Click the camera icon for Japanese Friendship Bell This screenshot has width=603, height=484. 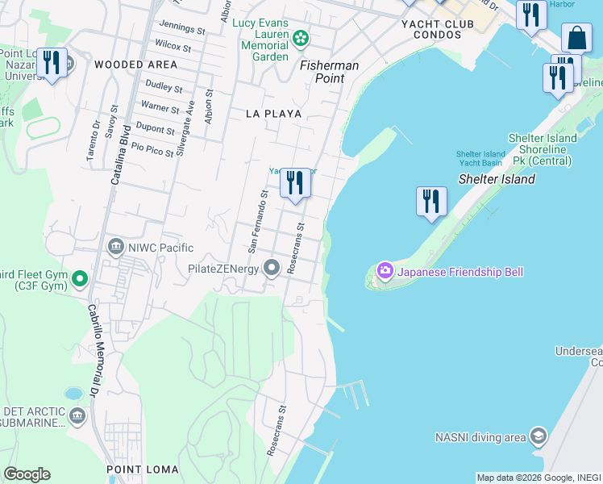click(385, 271)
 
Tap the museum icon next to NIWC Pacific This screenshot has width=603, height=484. click(116, 245)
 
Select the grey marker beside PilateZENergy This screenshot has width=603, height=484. click(272, 268)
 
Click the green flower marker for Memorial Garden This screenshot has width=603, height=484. click(301, 37)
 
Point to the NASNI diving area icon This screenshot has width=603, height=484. click(538, 437)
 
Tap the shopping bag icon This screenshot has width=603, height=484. click(576, 37)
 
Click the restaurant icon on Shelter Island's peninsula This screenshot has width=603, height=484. click(431, 200)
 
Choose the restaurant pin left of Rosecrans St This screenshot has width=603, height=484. click(295, 183)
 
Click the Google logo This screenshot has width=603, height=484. click(27, 474)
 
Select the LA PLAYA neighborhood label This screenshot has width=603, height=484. click(274, 114)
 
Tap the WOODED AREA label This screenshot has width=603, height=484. click(135, 64)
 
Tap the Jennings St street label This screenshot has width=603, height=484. click(182, 29)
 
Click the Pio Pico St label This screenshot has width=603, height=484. click(152, 148)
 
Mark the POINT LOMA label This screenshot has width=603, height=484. click(143, 469)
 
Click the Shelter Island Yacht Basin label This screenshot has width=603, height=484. click(480, 159)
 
